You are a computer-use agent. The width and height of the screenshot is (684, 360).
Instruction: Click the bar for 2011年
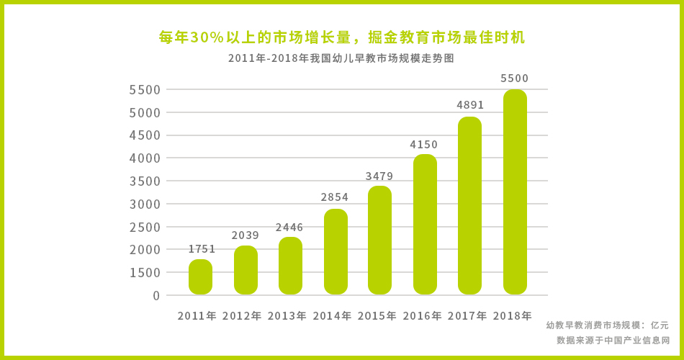pyautogui.click(x=200, y=277)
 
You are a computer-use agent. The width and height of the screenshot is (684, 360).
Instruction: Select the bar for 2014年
pyautogui.click(x=336, y=252)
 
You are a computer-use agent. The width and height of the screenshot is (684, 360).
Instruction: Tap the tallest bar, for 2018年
pyautogui.click(x=515, y=192)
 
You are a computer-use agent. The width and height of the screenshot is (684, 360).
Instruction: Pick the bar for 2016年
pyautogui.click(x=425, y=225)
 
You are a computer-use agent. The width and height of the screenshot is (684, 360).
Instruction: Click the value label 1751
pyautogui.click(x=202, y=249)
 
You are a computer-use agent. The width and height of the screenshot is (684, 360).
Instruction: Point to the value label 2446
pyautogui.click(x=289, y=228)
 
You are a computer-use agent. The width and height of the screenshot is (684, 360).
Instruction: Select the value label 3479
pyautogui.click(x=379, y=176)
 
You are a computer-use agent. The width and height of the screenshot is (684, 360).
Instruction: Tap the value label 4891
pyautogui.click(x=470, y=105)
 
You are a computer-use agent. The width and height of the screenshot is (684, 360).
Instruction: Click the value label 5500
pyautogui.click(x=515, y=78)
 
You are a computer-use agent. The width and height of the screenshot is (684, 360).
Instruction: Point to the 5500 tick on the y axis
pyautogui.click(x=145, y=90)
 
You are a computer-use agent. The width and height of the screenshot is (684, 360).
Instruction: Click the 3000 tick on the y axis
pyautogui.click(x=145, y=204)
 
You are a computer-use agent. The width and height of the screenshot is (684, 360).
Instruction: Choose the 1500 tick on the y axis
pyautogui.click(x=145, y=272)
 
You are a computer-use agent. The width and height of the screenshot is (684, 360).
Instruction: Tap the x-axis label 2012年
pyautogui.click(x=242, y=315)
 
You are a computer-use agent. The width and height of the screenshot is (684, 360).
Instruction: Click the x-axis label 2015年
pyautogui.click(x=377, y=315)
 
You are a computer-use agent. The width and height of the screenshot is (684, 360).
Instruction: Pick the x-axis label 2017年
pyautogui.click(x=467, y=315)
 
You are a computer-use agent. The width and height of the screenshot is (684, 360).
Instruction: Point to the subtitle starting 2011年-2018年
pyautogui.click(x=341, y=58)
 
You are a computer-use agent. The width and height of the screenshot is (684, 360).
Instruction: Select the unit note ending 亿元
pyautogui.click(x=607, y=325)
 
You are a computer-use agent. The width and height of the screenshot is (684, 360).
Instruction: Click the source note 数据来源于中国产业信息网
pyautogui.click(x=613, y=340)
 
